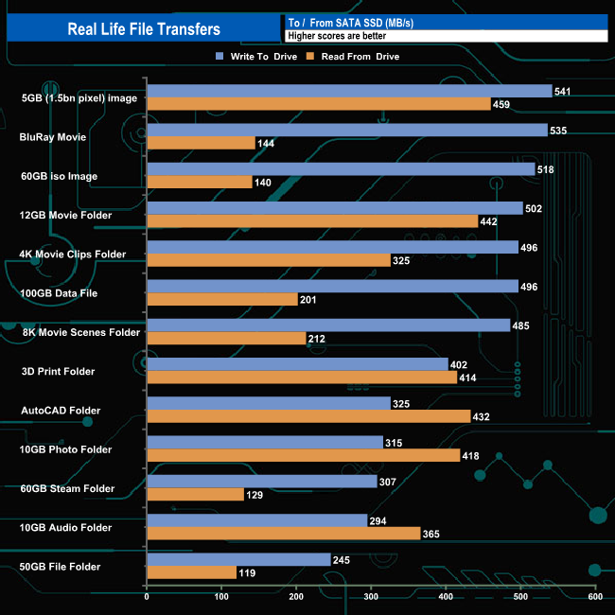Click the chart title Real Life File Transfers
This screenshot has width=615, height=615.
click(144, 29)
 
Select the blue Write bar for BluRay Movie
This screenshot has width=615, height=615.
click(347, 130)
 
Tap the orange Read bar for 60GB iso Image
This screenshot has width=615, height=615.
click(200, 182)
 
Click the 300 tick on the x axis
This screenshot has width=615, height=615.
click(371, 597)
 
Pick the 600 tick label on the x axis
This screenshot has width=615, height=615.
click(595, 597)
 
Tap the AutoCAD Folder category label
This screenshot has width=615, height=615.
click(61, 411)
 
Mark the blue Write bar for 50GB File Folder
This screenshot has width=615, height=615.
click(238, 560)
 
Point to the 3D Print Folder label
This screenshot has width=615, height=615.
click(58, 371)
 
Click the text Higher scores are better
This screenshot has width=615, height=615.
click(337, 36)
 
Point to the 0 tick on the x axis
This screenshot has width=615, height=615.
click(147, 597)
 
